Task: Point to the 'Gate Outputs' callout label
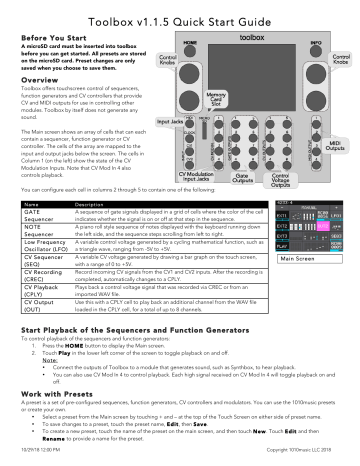[x=241, y=180]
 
